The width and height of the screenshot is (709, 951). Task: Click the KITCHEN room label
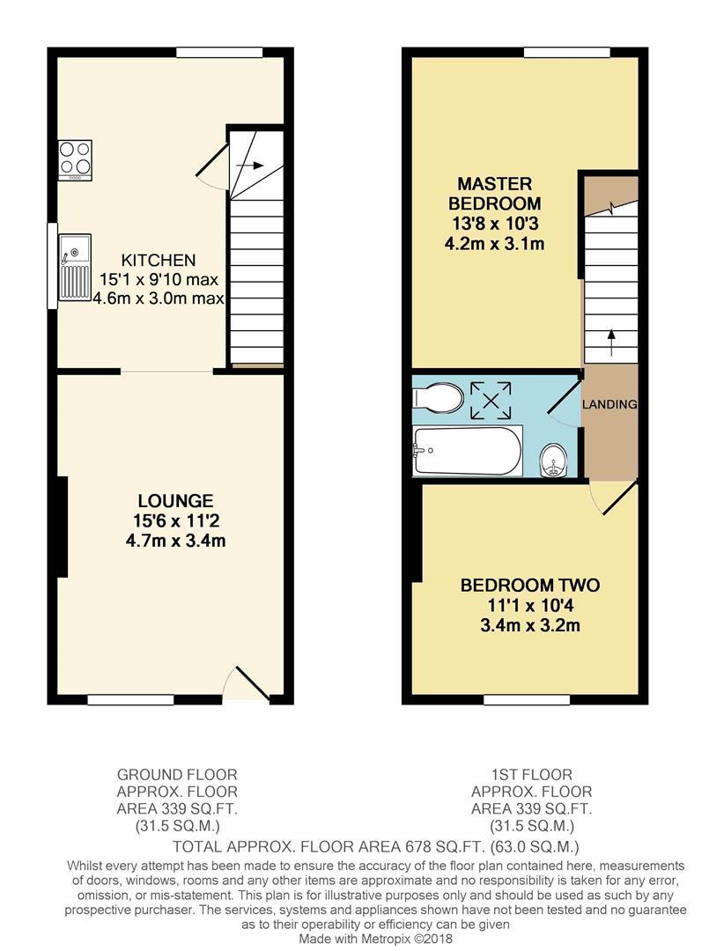point(159,261)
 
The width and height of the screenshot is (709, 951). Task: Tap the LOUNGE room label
point(175,501)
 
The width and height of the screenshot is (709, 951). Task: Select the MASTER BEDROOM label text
point(494,194)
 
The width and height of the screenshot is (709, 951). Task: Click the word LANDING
point(609,404)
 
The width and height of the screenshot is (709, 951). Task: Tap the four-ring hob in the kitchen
point(75,159)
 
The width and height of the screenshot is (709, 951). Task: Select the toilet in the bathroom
point(438,398)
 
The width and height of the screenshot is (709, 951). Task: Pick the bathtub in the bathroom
point(468,450)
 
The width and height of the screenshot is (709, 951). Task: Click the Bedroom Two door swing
point(615,498)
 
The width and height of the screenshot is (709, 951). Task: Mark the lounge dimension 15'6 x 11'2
point(175,520)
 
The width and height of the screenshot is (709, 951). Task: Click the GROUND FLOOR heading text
point(177,775)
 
